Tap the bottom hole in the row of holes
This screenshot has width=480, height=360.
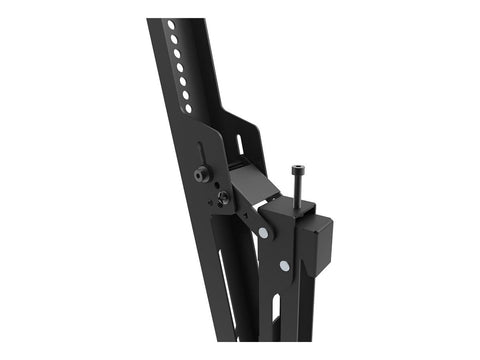coord(187,107)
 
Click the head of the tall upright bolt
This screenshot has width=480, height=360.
coord(297,171)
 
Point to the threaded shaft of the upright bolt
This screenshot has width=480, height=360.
coord(297,190)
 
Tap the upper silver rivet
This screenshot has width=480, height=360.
coord(263,233)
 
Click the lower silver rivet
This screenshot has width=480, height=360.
coord(285,266)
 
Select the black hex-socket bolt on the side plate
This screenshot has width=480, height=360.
coord(202,175)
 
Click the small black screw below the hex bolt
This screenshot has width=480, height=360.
coord(222,197)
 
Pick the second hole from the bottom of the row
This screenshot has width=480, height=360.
coord(184,94)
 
